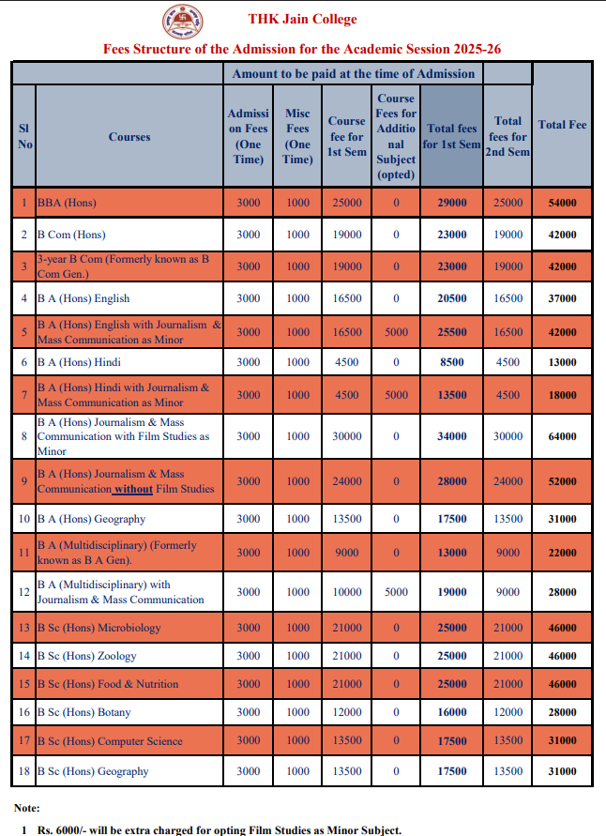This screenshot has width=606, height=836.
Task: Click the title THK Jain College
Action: (x=302, y=19)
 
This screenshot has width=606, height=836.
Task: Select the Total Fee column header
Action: (x=562, y=125)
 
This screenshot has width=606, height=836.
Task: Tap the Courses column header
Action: (x=129, y=137)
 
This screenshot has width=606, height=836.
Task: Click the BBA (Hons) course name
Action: (x=67, y=203)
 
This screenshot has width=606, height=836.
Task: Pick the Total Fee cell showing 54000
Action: (x=562, y=203)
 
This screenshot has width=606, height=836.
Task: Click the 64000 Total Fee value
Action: (x=562, y=436)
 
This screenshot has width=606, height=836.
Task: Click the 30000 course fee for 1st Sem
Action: (x=346, y=436)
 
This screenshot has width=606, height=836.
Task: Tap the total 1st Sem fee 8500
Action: (x=452, y=362)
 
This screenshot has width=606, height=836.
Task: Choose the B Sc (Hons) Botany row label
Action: (x=83, y=712)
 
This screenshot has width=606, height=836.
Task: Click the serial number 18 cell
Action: (x=24, y=771)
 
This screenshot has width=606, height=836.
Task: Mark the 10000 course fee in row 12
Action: (x=346, y=592)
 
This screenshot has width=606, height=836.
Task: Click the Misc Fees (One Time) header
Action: (x=297, y=137)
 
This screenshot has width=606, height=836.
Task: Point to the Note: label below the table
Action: (x=27, y=808)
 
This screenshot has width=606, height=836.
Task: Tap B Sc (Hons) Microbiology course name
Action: (x=98, y=628)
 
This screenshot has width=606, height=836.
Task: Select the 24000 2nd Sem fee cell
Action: (x=508, y=481)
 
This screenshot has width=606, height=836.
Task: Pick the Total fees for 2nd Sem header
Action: (x=508, y=137)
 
